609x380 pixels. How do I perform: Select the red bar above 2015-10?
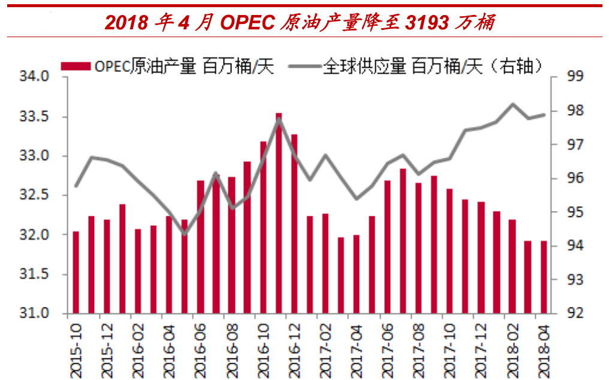tap(76, 272)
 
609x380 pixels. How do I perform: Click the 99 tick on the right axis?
tap(574, 77)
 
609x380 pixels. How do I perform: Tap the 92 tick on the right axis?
tap(574, 313)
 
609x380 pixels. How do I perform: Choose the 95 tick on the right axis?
tap(574, 212)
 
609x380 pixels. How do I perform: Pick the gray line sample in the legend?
tap(304, 66)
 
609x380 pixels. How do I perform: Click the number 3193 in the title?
tap(427, 23)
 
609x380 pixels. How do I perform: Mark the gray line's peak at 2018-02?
tap(512, 104)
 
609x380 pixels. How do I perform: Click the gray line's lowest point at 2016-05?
tap(185, 234)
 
